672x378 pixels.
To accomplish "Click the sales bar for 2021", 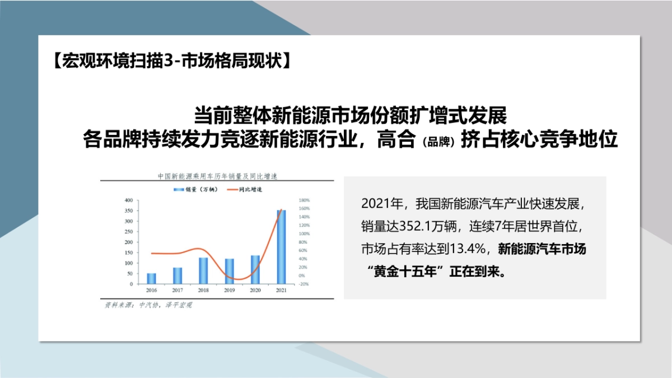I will [x=281, y=247].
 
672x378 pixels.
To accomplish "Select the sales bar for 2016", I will [x=151, y=278].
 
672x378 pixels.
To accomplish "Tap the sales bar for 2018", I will [x=203, y=270].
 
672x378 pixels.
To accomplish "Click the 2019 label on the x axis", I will [x=229, y=291].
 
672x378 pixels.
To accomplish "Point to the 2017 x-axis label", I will [x=177, y=291].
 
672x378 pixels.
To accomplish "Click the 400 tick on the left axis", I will [x=128, y=200].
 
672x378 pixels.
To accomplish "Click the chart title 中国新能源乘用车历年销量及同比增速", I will [x=217, y=176].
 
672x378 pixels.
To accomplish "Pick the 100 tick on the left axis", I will [x=128, y=263].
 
